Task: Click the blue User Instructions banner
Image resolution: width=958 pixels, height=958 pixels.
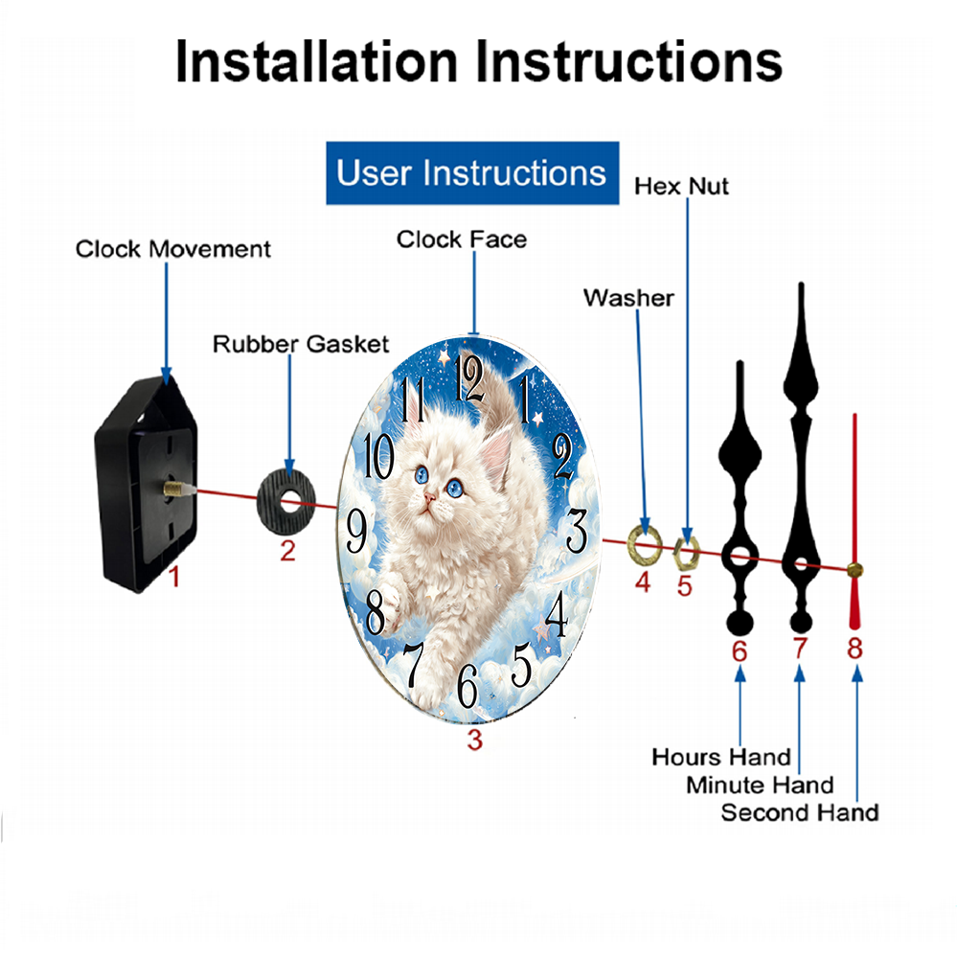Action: pos(471,173)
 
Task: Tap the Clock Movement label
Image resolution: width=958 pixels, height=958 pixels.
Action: pos(173,250)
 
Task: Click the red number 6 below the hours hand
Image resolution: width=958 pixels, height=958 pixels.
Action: pos(739,651)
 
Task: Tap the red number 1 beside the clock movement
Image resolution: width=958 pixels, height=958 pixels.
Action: pos(173,577)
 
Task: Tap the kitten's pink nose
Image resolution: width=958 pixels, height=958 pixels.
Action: pos(431,495)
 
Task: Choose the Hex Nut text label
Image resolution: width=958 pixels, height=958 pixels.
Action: pos(681,186)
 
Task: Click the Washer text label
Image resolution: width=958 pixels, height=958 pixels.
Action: pos(628,298)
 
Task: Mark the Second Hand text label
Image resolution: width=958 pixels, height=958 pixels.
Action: pos(799,813)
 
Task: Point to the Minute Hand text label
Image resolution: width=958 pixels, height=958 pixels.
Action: pos(760,786)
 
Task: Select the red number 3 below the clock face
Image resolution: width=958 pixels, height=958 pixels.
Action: pos(474,740)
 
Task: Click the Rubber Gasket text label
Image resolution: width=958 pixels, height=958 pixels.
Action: pos(301,343)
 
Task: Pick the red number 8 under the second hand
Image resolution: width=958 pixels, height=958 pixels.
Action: pos(855,649)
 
